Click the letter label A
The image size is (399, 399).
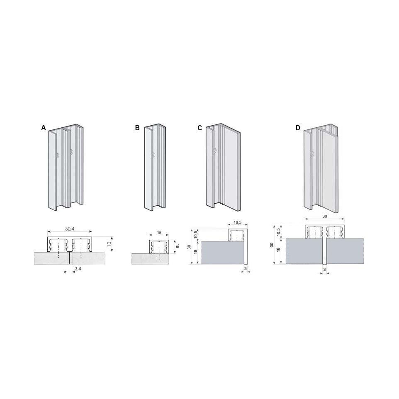click(44, 128)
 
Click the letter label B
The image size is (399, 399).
click(137, 128)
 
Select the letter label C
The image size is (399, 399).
click(200, 128)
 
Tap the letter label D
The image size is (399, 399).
click(298, 128)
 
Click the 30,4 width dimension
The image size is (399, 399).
click(70, 229)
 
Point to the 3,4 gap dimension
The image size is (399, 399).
click(78, 268)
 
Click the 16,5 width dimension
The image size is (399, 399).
click(237, 222)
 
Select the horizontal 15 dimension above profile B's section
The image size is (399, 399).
click(159, 233)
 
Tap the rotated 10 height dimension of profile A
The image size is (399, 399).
click(109, 243)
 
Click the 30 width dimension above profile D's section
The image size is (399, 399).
click(325, 216)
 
